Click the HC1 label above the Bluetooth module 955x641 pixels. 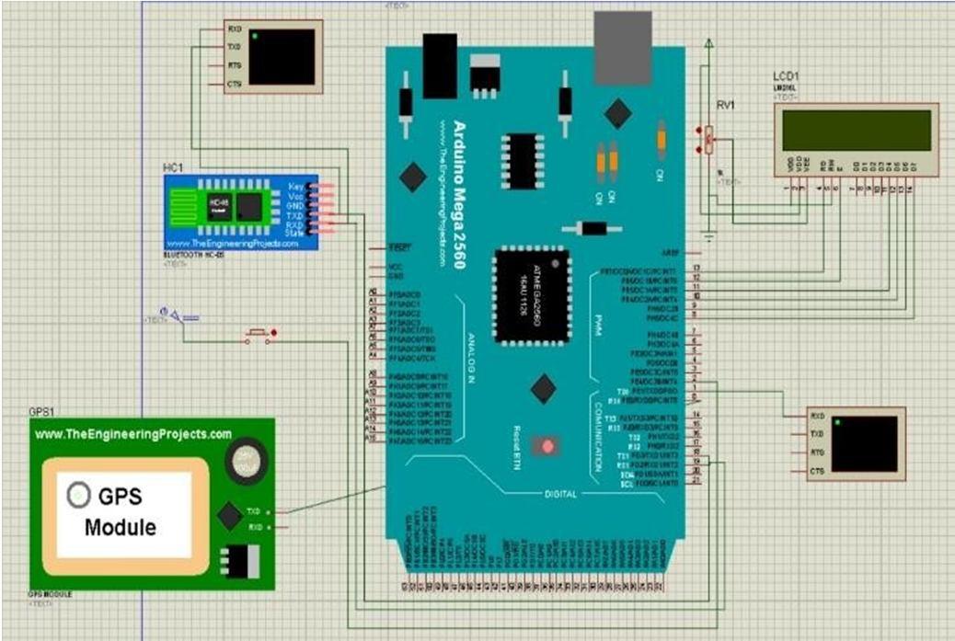coord(173,166)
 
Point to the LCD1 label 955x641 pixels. coord(788,74)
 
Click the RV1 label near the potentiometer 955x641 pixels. coord(725,106)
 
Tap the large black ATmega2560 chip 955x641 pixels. coord(530,295)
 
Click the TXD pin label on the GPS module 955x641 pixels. coord(254,510)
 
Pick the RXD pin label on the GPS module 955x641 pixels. coord(254,527)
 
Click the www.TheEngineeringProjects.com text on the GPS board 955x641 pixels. coord(133,433)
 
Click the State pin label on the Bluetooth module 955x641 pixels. coord(294,234)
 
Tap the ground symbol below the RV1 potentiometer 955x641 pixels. coord(708,237)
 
